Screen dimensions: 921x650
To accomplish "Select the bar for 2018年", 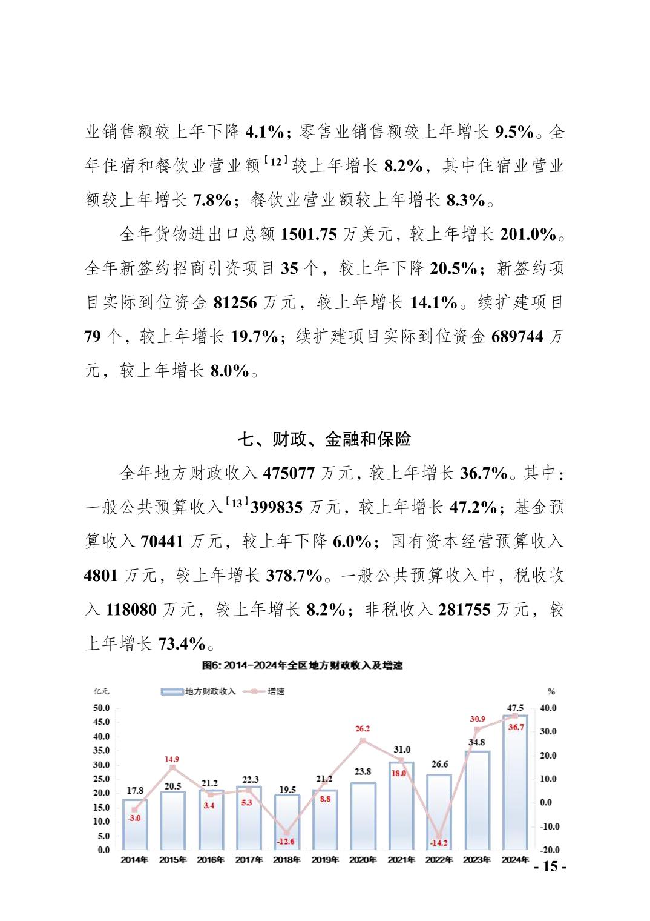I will [x=287, y=822].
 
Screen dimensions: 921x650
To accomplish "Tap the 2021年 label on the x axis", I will [x=401, y=860].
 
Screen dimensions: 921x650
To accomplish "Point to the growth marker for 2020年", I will [x=363, y=740].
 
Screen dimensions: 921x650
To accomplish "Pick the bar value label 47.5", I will [x=516, y=708].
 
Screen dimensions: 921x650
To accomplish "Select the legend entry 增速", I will [x=276, y=691].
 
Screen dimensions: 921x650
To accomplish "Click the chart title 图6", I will [x=302, y=665].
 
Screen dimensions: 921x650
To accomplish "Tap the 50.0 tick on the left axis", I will [x=101, y=708].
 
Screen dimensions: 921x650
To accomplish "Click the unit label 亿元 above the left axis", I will [x=101, y=691].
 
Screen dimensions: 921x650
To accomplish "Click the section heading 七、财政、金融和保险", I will [x=324, y=439].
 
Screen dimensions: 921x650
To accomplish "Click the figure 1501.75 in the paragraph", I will [x=309, y=234].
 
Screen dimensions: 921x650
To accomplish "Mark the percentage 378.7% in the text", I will [x=294, y=575].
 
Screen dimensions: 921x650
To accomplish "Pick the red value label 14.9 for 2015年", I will [x=172, y=759].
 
